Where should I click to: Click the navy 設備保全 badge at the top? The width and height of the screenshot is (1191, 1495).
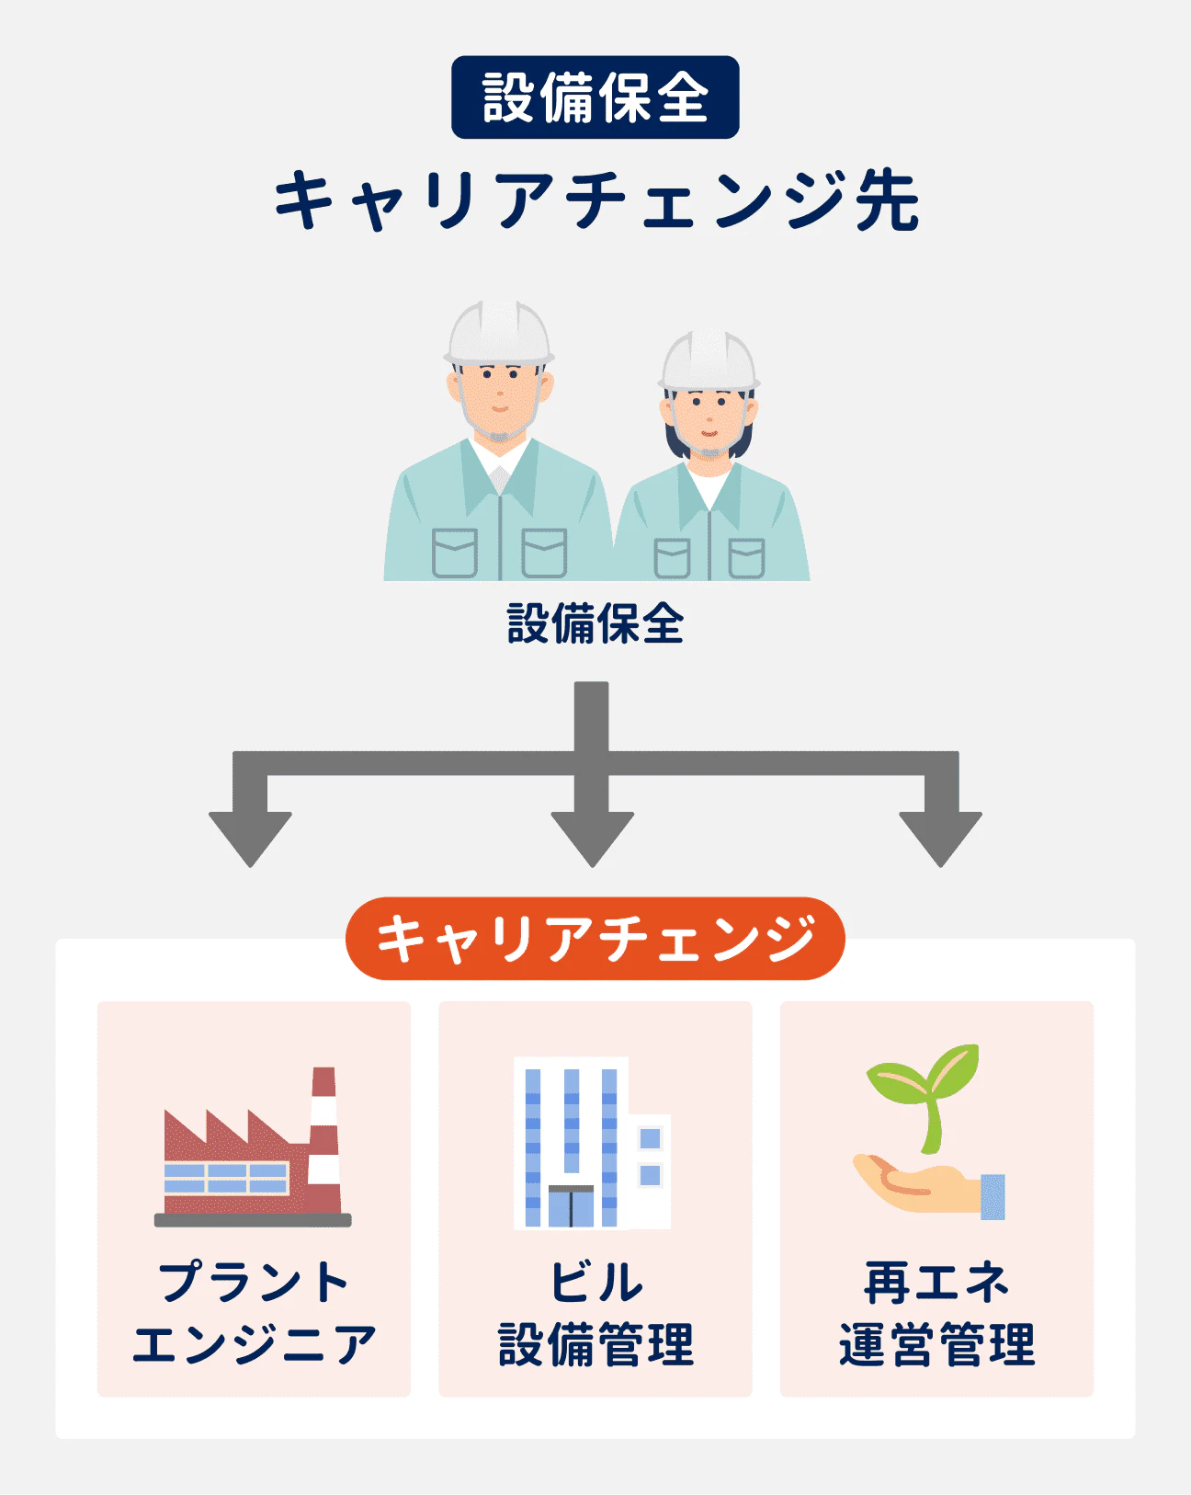pyautogui.click(x=595, y=97)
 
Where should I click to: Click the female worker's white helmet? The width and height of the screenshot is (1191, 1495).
pyautogui.click(x=709, y=359)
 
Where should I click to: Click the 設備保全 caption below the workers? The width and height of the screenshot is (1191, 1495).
pyautogui.click(x=595, y=624)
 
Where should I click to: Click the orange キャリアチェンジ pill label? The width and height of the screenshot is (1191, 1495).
pyautogui.click(x=595, y=939)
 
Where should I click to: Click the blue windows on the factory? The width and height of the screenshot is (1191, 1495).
pyautogui.click(x=226, y=1178)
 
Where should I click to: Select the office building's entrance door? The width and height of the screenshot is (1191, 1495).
pyautogui.click(x=571, y=1206)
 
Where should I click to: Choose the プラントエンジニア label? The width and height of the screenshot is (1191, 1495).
pyautogui.click(x=254, y=1313)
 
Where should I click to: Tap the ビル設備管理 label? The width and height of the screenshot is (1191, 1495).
pyautogui.click(x=595, y=1313)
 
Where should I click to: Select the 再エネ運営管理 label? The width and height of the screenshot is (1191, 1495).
pyautogui.click(x=936, y=1313)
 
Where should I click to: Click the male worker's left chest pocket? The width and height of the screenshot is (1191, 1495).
pyautogui.click(x=454, y=553)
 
